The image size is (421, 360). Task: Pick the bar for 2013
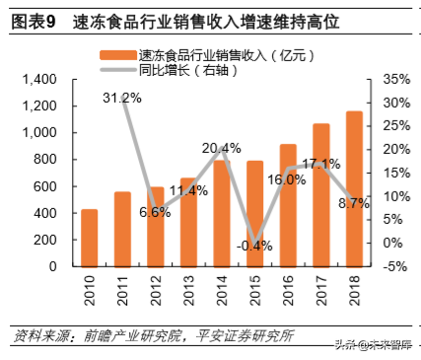tap(188, 222)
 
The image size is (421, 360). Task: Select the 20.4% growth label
tap(221, 148)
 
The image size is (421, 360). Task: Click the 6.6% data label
tap(155, 212)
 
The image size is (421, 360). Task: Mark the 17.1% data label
tap(320, 163)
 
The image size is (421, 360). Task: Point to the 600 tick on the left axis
tap(43, 186)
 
